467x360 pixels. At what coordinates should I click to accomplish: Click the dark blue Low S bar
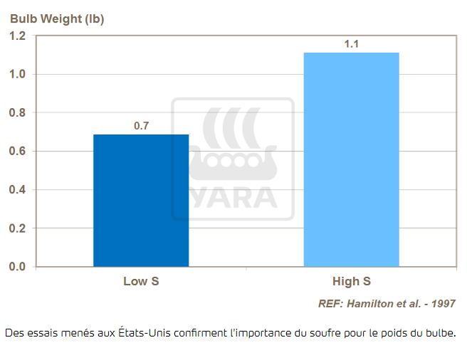pos(141,200)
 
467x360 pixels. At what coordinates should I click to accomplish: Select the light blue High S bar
pos(351,159)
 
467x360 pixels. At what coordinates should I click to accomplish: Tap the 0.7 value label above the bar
pos(141,126)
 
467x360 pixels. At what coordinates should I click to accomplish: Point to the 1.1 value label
pos(351,44)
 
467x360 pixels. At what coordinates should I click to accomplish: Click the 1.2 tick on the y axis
pos(17,36)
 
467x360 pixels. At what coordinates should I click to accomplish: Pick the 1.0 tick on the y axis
pos(17,75)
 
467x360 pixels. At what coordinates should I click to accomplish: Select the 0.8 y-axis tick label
pos(17,113)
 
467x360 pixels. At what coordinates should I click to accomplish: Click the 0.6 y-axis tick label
pos(17,152)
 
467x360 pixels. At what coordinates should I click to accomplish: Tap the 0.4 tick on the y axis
pos(17,190)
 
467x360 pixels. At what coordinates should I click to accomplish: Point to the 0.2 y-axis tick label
pos(17,228)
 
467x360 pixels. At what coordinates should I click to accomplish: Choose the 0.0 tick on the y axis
pos(17,267)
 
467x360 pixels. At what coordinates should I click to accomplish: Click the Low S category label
pos(141,281)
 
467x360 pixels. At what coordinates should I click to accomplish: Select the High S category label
pos(351,281)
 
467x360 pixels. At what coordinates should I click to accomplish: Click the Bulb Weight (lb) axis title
pos(57,19)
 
